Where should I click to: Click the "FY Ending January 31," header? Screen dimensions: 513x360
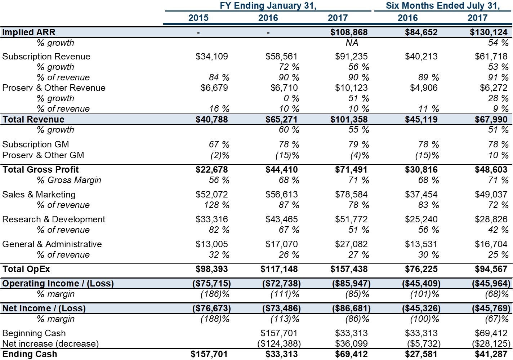pyautogui.click(x=268, y=5)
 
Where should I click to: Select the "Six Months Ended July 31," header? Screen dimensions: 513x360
pyautogui.click(x=443, y=5)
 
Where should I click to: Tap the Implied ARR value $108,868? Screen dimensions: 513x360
pyautogui.click(x=349, y=32)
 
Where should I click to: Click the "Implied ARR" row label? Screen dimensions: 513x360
pyautogui.click(x=28, y=32)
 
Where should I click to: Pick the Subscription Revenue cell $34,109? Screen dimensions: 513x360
pyautogui.click(x=211, y=56)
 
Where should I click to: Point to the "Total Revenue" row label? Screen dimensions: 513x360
pyautogui.click(x=33, y=119)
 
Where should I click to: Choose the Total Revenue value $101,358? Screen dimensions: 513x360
pyautogui.click(x=349, y=119)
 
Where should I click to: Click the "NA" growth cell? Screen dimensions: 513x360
pyautogui.click(x=352, y=43)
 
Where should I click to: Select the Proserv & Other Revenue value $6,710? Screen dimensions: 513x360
pyautogui.click(x=284, y=88)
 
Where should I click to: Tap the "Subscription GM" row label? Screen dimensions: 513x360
pyautogui.click(x=36, y=145)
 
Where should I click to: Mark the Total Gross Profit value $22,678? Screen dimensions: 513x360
pyautogui.click(x=211, y=170)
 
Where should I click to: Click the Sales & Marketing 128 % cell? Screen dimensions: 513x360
pyautogui.click(x=217, y=205)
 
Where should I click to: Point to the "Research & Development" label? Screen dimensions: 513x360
pyautogui.click(x=54, y=219)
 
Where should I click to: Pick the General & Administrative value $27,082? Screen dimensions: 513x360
pyautogui.click(x=351, y=244)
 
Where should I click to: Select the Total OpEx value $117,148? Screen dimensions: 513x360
pyautogui.click(x=279, y=269)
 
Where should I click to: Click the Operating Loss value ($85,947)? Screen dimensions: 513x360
pyautogui.click(x=351, y=284)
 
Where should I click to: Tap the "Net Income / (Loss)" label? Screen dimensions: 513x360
pyautogui.click(x=44, y=308)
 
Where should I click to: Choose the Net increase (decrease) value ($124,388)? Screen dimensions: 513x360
pyautogui.click(x=279, y=344)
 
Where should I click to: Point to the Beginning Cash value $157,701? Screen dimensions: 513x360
pyautogui.click(x=279, y=333)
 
